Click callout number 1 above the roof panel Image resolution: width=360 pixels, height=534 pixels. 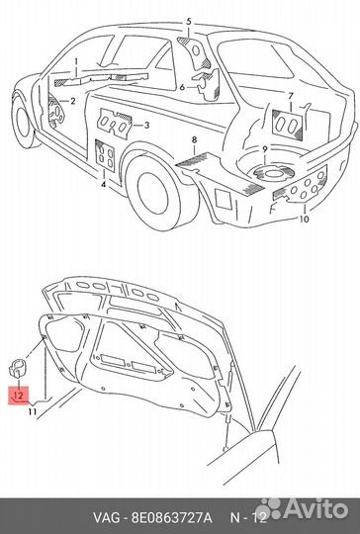(76, 62)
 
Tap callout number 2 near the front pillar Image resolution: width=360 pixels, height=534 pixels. (72, 101)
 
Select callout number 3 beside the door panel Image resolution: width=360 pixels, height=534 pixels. (146, 126)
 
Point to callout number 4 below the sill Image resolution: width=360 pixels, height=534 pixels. (103, 185)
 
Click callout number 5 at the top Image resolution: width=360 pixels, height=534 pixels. (189, 22)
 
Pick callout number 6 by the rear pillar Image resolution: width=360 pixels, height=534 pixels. (182, 88)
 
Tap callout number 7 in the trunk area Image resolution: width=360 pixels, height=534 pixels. (290, 96)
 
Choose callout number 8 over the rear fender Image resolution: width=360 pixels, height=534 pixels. (194, 139)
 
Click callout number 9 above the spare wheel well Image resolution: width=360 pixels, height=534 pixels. (265, 149)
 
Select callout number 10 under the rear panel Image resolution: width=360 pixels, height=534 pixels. (305, 219)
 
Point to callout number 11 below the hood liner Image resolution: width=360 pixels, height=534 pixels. (33, 411)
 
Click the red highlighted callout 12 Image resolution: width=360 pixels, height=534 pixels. (19, 396)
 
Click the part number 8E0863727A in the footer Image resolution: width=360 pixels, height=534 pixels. (172, 518)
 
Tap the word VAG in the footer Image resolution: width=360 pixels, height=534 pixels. (106, 518)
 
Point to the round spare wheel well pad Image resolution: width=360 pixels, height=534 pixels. (274, 173)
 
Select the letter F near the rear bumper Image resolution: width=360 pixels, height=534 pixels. (272, 208)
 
